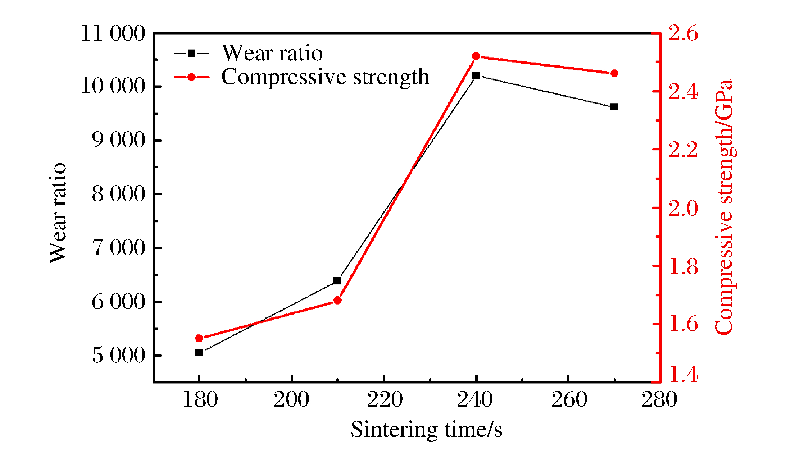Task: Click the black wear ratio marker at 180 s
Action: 199,353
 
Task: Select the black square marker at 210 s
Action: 337,280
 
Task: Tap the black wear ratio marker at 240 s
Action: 476,76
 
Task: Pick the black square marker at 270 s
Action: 614,107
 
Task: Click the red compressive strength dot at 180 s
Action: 199,338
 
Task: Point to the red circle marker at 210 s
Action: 337,300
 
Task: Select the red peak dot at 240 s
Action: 476,56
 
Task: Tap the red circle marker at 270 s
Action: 614,74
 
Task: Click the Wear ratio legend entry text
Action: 272,53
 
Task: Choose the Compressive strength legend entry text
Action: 325,77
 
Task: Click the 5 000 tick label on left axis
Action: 119,356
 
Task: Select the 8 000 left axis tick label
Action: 119,194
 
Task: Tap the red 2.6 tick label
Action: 683,33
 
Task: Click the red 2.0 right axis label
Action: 683,208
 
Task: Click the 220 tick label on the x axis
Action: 385,400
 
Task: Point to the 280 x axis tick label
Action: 659,400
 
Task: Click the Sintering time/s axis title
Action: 426,430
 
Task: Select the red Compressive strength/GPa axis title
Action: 724,208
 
